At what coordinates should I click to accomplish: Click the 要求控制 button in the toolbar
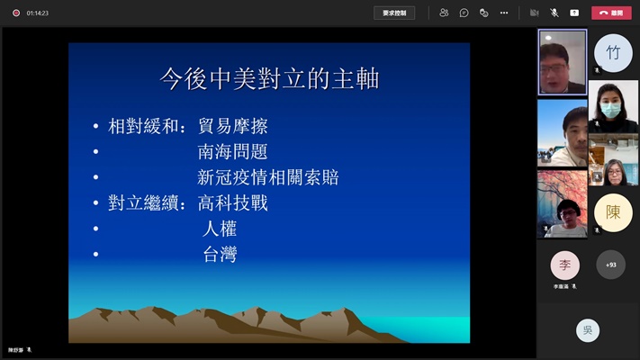(x=394, y=13)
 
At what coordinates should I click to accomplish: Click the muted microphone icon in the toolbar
(x=554, y=13)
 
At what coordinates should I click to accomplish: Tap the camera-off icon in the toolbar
(x=534, y=13)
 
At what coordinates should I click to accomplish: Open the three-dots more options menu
(x=504, y=13)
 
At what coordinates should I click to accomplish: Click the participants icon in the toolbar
(x=444, y=13)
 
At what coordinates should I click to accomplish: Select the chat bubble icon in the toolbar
(x=464, y=13)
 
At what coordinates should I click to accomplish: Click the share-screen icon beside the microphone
(x=574, y=13)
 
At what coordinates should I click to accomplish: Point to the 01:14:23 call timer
(x=38, y=13)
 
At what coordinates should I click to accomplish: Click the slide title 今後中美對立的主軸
(x=269, y=79)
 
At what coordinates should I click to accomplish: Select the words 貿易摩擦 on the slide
(x=232, y=126)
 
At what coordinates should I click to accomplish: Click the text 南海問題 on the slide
(x=232, y=151)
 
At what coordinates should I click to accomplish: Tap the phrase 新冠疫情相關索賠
(x=267, y=177)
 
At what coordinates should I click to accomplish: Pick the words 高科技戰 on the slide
(x=232, y=202)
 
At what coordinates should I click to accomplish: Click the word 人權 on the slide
(x=220, y=229)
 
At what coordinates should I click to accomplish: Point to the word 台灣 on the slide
(x=220, y=255)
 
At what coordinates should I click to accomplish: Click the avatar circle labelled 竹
(x=613, y=52)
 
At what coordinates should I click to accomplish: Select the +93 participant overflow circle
(x=610, y=265)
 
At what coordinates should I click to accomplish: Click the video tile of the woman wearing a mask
(x=613, y=108)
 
